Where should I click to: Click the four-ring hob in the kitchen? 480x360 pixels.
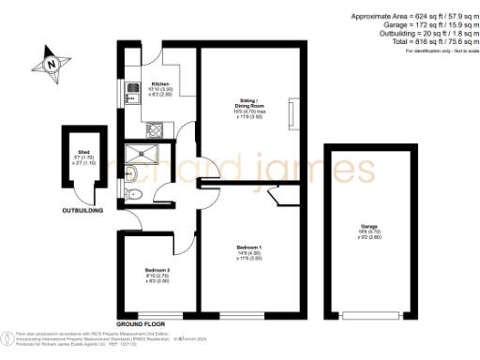[154, 128]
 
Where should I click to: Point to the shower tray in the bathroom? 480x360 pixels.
[142, 153]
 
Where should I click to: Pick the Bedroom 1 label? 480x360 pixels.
[247, 252]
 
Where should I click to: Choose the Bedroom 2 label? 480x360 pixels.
[157, 274]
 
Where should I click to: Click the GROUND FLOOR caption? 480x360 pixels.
[142, 323]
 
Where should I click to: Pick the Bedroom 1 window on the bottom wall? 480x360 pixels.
[248, 315]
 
